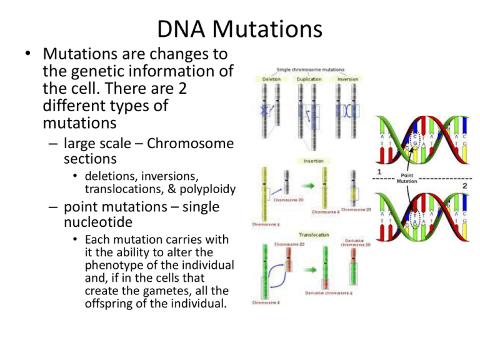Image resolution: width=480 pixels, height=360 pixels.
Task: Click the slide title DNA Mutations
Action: [x=240, y=28]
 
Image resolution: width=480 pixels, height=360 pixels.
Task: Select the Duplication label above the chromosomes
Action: [x=309, y=79]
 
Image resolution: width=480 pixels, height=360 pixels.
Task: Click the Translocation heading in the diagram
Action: [x=309, y=236]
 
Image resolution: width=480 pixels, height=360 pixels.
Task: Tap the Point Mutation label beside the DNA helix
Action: [x=406, y=177]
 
